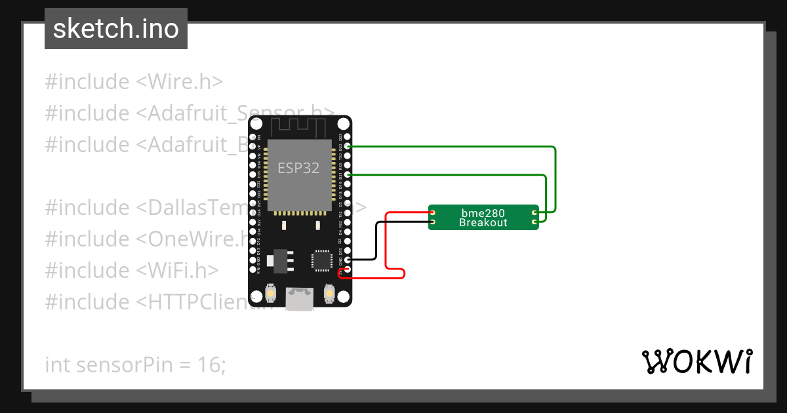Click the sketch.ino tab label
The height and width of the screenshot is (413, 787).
115,29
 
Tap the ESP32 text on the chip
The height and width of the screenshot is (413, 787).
298,168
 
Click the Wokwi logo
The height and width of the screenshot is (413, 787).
696,361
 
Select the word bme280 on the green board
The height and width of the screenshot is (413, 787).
483,213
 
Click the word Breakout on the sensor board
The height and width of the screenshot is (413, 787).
483,223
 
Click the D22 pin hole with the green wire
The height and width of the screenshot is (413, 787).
348,146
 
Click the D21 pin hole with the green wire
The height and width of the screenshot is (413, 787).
348,175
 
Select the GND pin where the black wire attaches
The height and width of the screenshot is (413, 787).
348,260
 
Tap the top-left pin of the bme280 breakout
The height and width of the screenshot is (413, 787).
433,213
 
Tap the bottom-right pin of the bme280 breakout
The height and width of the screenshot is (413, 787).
535,222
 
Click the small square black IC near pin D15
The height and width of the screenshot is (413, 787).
321,260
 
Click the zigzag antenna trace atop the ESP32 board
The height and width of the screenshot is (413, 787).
299,126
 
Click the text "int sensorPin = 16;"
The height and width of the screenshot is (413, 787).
135,364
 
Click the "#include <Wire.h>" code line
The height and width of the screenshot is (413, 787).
134,81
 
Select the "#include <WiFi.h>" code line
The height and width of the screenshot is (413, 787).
131,270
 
